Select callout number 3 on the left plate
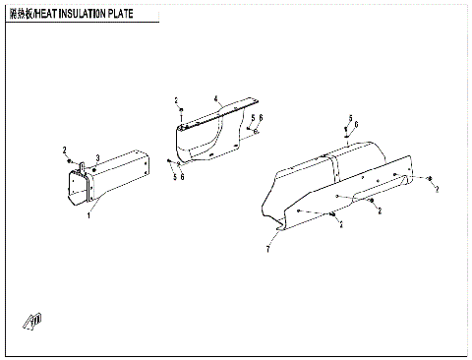pos(96,157)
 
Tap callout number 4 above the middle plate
pos(213,98)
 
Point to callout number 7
pos(266,251)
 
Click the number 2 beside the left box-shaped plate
pos(65,150)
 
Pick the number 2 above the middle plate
pos(177,101)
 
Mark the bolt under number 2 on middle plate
pos(180,114)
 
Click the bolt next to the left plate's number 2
pos(70,159)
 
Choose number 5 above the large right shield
pos(348,117)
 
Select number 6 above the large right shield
pos(356,125)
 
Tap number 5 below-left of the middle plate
pos(174,177)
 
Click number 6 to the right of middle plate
pos(261,119)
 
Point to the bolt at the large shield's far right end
pos(430,178)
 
